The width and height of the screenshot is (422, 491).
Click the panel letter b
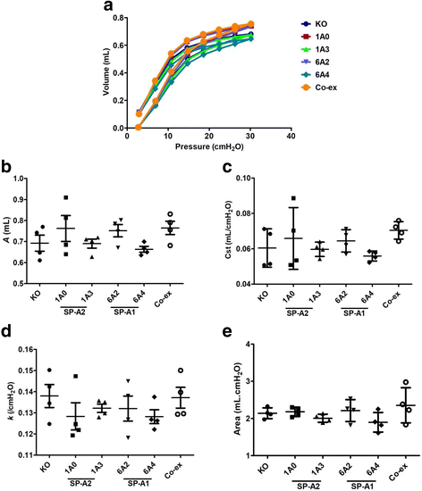(7, 168)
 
